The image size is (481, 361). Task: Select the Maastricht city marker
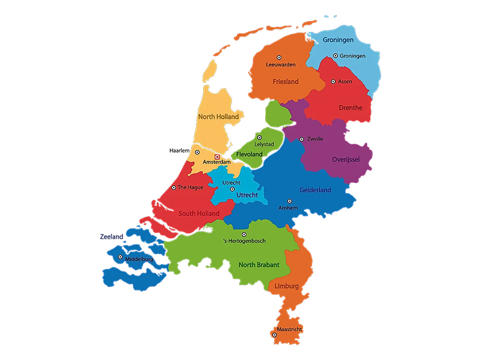click(x=274, y=335)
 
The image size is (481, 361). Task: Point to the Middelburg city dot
click(x=120, y=257)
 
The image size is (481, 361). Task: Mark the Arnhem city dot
click(x=289, y=201)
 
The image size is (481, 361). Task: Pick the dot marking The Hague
click(x=174, y=187)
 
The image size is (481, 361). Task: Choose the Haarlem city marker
click(x=197, y=152)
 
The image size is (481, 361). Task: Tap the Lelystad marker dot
click(x=260, y=138)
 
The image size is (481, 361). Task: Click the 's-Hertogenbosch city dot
click(x=244, y=234)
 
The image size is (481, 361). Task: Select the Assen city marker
click(x=333, y=81)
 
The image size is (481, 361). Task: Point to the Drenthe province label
click(x=351, y=108)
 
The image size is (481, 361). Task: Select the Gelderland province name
click(x=315, y=190)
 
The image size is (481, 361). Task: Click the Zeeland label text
click(x=111, y=236)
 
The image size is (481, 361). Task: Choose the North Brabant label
click(x=259, y=265)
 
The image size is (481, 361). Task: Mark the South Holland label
click(x=198, y=213)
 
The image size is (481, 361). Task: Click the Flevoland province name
click(x=250, y=155)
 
